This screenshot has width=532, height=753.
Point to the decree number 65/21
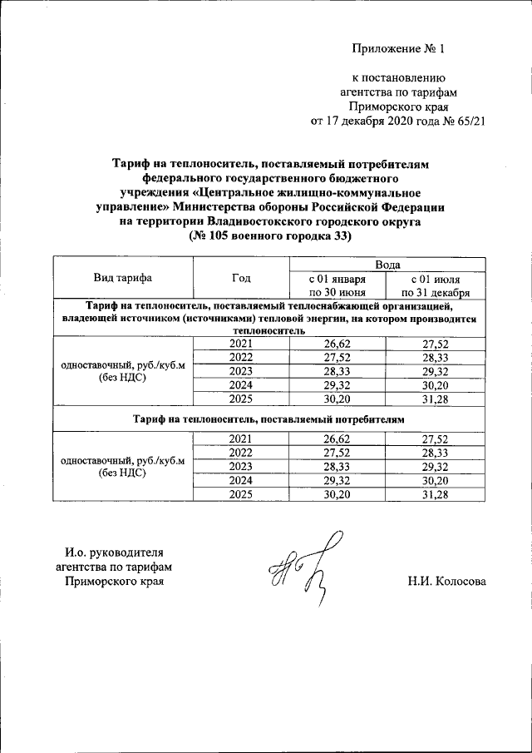coord(466,121)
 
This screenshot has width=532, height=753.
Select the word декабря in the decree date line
coord(367,121)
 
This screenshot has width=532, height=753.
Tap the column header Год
coord(241,278)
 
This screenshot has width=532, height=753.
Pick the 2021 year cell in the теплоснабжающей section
coord(241,343)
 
